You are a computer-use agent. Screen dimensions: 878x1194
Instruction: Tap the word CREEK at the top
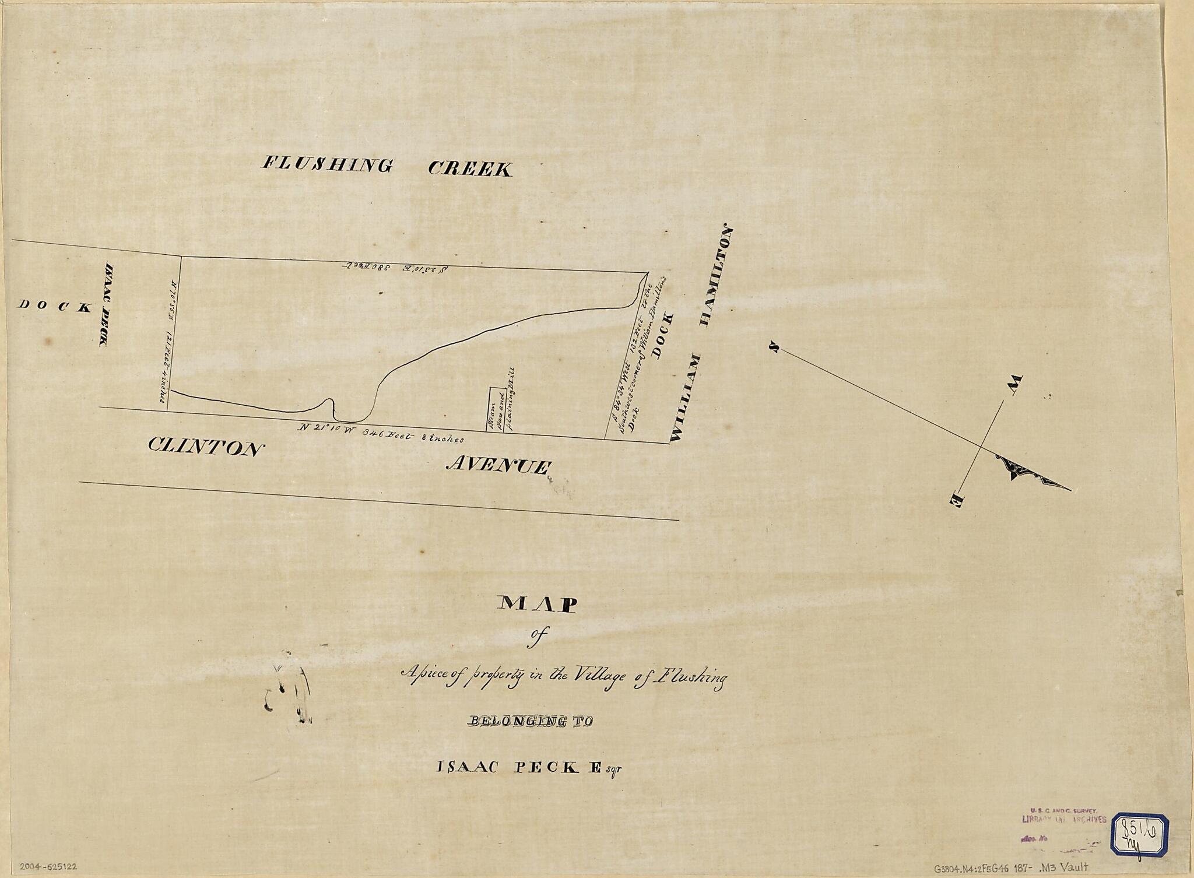click(470, 169)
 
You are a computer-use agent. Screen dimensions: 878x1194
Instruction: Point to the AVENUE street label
click(498, 466)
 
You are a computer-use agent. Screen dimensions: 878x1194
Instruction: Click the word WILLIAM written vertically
click(686, 398)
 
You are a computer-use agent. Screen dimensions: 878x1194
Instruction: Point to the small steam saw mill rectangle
click(496, 410)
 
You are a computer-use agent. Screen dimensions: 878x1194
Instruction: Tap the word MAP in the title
click(536, 605)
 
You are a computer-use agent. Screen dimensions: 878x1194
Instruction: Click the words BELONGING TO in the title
click(530, 722)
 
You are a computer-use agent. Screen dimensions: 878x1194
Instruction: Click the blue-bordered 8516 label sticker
click(1133, 834)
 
